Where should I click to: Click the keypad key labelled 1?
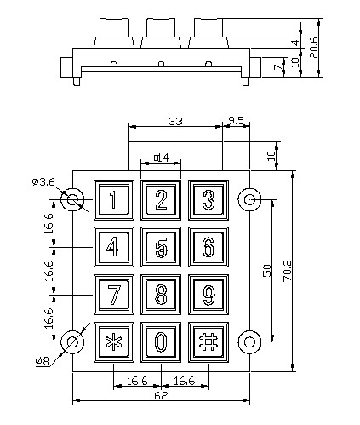[x=114, y=200]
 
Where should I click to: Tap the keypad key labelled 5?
[x=161, y=247]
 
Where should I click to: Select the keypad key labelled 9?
[x=209, y=295]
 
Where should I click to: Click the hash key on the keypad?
[x=209, y=342]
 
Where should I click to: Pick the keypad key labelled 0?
[x=161, y=342]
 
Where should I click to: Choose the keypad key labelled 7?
[x=114, y=295]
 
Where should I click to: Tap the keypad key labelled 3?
[x=209, y=200]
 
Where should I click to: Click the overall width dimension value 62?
[x=161, y=395]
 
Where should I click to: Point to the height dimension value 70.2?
[x=287, y=271]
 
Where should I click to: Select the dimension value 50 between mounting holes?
[x=267, y=270]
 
